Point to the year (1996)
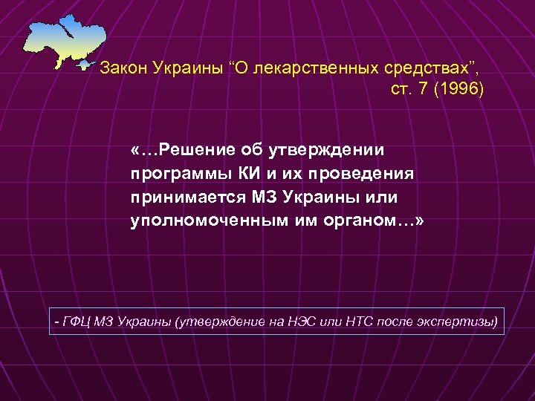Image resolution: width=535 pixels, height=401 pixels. click(461, 89)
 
